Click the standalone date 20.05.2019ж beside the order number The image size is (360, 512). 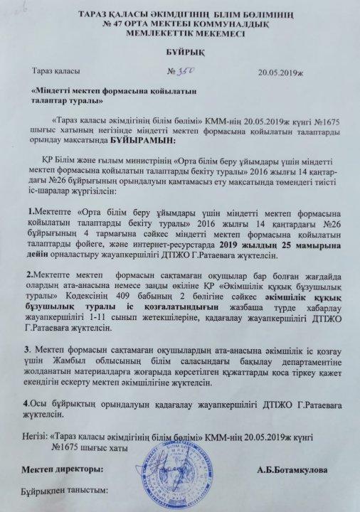pos(283,73)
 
